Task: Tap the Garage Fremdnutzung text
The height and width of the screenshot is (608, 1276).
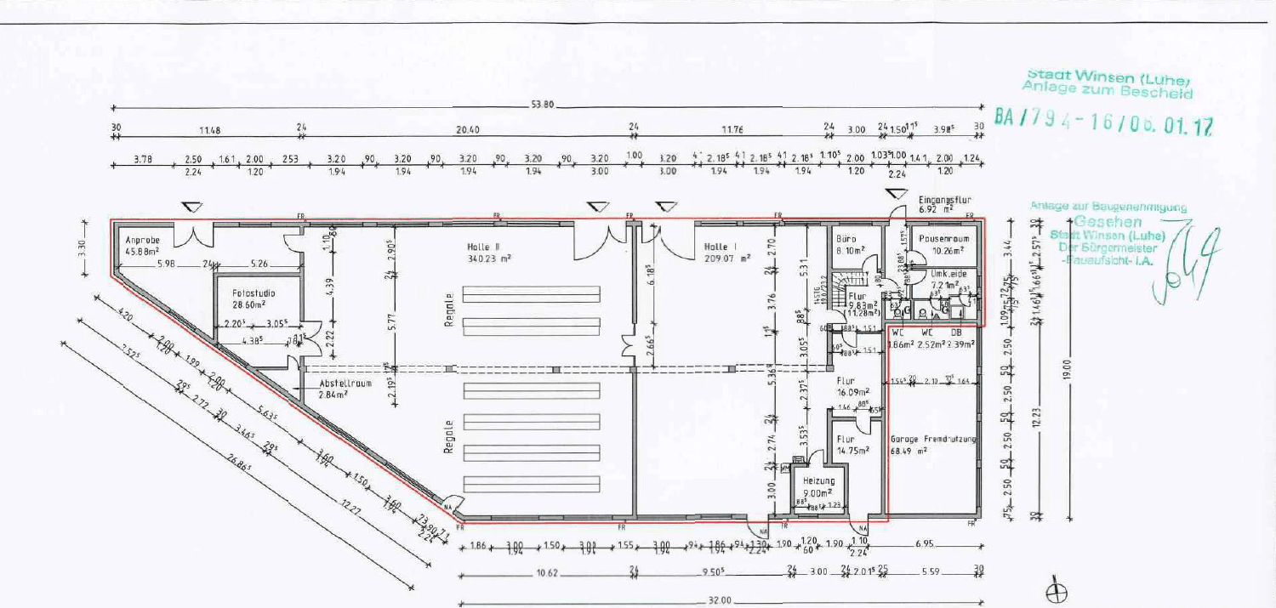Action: point(932,440)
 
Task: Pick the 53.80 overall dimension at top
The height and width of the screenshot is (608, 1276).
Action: point(543,105)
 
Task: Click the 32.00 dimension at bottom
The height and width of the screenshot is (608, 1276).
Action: point(719,600)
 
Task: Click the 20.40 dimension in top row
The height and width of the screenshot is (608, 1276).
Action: point(468,130)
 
